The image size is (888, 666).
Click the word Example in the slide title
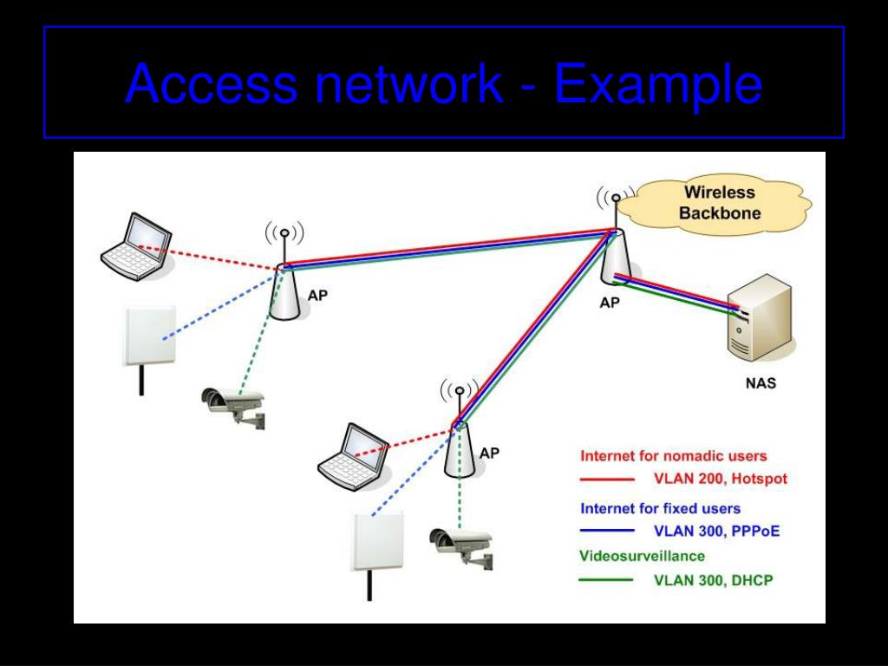(658, 84)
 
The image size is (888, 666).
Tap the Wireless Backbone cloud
(720, 203)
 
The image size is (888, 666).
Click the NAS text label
(761, 383)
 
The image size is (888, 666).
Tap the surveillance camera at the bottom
(460, 545)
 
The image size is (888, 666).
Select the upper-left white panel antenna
(148, 336)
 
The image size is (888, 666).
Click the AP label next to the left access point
(318, 294)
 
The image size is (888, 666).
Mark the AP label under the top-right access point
(610, 304)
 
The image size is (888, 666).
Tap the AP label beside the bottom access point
(490, 453)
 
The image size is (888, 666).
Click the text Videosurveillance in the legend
(642, 555)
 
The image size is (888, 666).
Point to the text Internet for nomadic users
(673, 455)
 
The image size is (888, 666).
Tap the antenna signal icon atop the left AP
(284, 233)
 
